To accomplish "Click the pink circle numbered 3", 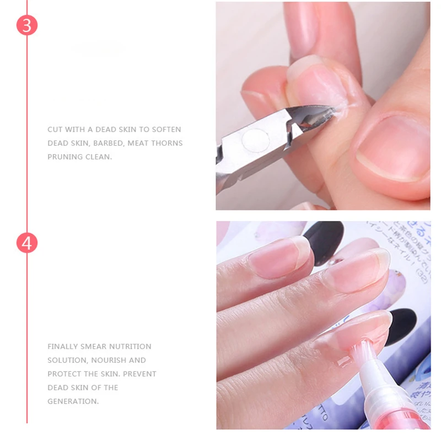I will [26, 26].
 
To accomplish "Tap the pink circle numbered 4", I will [26, 243].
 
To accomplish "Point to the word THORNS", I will [166, 143].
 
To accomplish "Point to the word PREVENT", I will [139, 374].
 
